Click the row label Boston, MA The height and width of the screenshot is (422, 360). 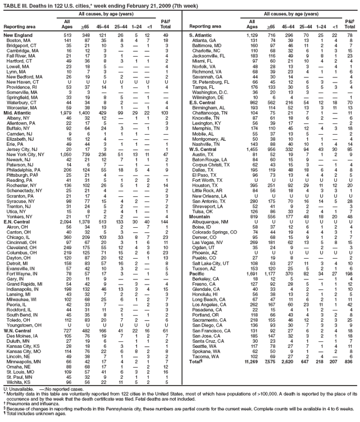click(19, 40)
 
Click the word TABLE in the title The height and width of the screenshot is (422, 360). click(12, 4)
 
